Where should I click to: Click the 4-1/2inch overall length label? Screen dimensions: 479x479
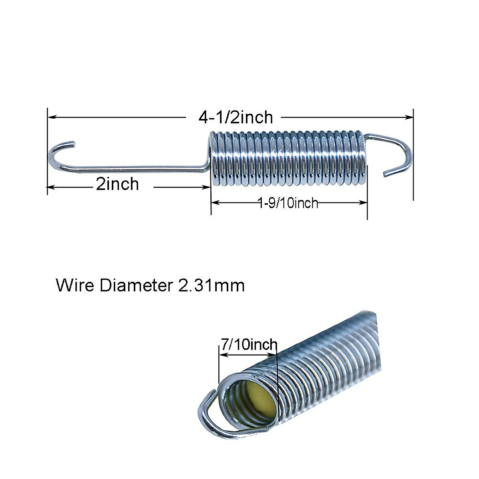(236, 117)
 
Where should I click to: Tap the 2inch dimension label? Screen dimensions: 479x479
(117, 184)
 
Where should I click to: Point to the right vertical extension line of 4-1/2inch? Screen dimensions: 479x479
(413, 160)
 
